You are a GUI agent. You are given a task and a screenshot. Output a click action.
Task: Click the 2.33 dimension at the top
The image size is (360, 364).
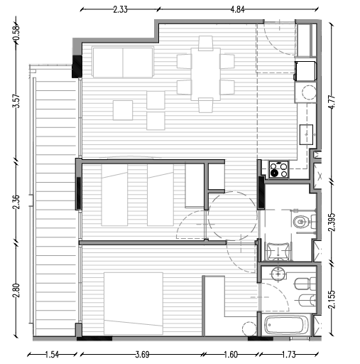(119, 9)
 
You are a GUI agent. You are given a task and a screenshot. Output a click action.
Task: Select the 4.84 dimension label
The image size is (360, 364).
(237, 9)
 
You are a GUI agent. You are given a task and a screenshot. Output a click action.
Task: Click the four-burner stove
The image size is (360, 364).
(278, 169)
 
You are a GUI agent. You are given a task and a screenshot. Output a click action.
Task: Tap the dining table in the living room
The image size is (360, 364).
(205, 73)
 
